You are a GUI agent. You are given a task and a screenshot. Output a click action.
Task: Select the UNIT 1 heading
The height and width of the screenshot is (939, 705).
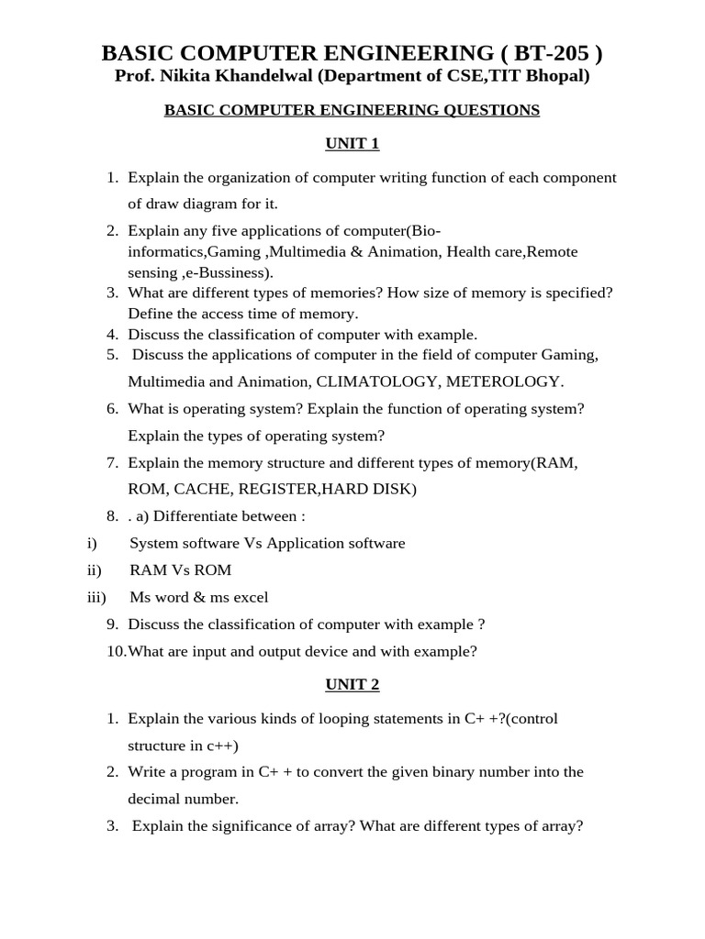pyautogui.click(x=352, y=144)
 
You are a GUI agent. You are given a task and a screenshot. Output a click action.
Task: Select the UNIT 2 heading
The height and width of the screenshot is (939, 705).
pyautogui.click(x=352, y=684)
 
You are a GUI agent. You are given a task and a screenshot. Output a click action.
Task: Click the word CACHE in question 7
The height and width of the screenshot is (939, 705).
pyautogui.click(x=203, y=490)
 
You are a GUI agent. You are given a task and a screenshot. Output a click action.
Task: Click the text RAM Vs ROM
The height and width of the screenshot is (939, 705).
pyautogui.click(x=181, y=570)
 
